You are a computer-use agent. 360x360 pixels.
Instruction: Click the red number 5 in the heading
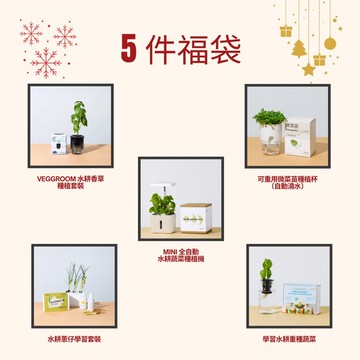128,46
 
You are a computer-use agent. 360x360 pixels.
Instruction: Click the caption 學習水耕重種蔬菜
287,340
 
